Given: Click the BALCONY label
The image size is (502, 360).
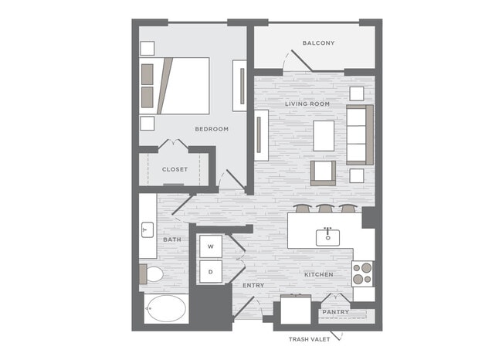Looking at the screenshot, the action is [x=318, y=43].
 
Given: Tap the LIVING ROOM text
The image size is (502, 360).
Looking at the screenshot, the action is [x=307, y=104].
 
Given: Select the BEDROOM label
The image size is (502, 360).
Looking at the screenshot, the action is [x=212, y=129].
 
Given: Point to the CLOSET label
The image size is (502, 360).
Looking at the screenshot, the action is [x=175, y=169].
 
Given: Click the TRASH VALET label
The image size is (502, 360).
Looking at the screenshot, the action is [x=309, y=339].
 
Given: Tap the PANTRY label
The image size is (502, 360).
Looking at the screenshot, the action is [x=335, y=312].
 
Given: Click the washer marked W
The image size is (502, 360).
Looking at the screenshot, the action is [x=211, y=246].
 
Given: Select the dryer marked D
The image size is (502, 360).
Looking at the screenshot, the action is [x=211, y=272].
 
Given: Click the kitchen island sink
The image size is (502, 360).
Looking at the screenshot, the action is [x=327, y=237].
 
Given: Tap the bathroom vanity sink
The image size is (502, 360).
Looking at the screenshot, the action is [x=148, y=229].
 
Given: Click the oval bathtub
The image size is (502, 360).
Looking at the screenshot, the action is [x=166, y=308].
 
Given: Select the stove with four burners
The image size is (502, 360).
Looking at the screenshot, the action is [x=362, y=273].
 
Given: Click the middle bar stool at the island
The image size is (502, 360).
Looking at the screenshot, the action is [x=324, y=208].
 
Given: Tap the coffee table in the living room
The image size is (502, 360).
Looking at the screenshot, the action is [x=324, y=136].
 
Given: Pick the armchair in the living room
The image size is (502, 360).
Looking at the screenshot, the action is [x=323, y=173].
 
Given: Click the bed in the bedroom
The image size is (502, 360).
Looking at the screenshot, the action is [x=175, y=86].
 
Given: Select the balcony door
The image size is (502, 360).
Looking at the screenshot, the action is [x=301, y=60].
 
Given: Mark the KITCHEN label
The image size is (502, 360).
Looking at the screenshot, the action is [x=318, y=274].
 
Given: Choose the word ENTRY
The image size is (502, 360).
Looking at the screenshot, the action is [x=253, y=285].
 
